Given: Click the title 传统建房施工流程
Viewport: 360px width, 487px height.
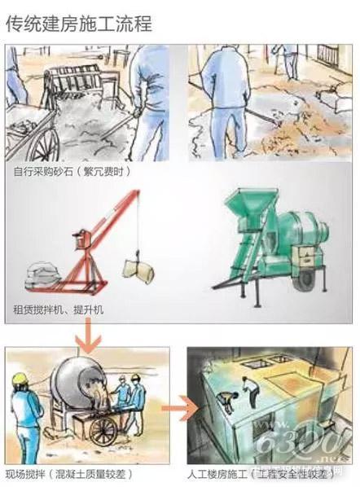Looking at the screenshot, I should coord(78,23).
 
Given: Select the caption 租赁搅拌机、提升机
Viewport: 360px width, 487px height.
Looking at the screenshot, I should coord(58,310).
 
